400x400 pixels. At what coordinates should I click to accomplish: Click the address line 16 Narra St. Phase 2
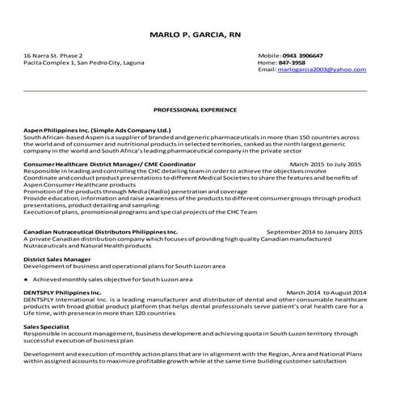click(53, 55)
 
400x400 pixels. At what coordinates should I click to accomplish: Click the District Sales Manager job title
click(57, 259)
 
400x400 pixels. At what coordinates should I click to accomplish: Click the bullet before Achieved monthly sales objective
click(26, 279)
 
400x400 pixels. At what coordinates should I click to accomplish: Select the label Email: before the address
click(267, 70)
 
